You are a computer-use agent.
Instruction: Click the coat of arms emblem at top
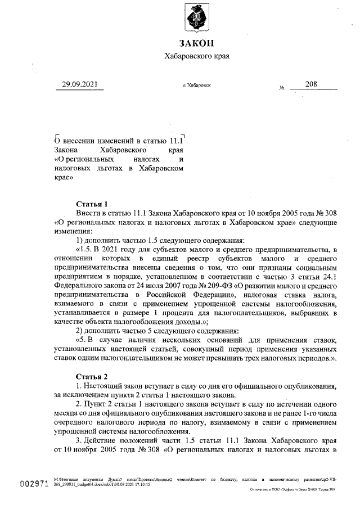point(196,18)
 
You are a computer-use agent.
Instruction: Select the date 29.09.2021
point(79,85)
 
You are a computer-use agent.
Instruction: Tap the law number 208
point(310,84)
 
